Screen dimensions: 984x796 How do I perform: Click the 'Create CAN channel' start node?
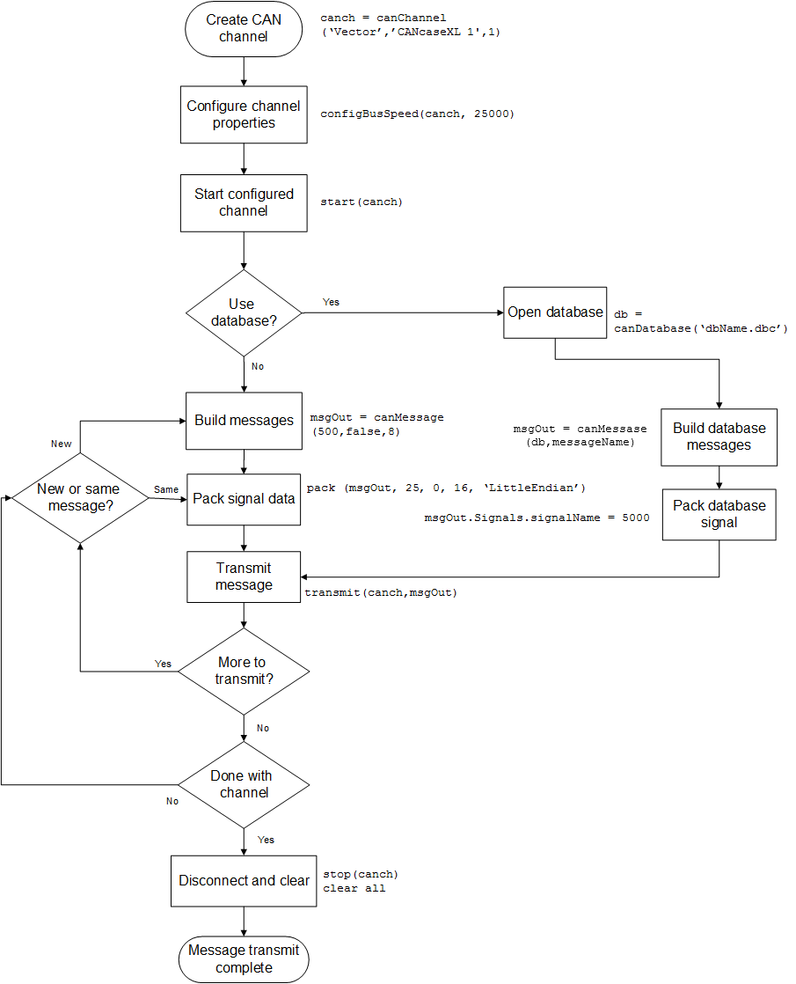(x=244, y=28)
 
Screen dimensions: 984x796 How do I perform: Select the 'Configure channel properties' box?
(x=244, y=114)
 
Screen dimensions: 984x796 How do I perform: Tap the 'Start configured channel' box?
(x=244, y=202)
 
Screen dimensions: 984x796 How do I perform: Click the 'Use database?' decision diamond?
(x=244, y=312)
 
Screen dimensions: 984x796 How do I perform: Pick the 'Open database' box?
(x=555, y=312)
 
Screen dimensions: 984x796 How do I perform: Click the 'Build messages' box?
(x=244, y=421)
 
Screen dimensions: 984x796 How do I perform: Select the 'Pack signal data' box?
(x=244, y=498)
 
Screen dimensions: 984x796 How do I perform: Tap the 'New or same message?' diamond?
(x=80, y=497)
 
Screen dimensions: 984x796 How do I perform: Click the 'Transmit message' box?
(x=244, y=576)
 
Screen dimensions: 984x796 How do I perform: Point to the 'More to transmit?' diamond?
(x=244, y=671)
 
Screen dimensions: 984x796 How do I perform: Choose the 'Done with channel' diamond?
(x=244, y=784)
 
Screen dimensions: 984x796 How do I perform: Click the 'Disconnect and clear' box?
(x=244, y=881)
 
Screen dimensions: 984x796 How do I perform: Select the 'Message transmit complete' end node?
(x=244, y=958)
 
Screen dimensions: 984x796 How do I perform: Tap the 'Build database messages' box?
(x=719, y=437)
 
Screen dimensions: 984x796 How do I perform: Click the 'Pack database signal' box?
(x=719, y=514)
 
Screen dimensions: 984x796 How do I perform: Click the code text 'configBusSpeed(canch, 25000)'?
(x=417, y=114)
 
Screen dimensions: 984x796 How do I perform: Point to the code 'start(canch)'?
(x=361, y=202)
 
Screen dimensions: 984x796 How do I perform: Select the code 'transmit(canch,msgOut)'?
(x=381, y=593)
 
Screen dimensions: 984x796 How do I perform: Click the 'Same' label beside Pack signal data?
(x=165, y=488)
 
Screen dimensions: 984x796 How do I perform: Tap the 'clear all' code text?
(x=354, y=888)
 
